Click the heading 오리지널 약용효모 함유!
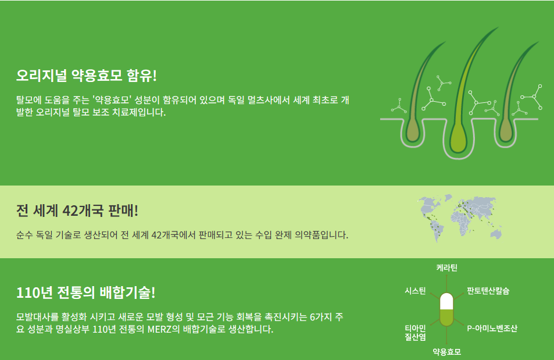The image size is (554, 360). (87, 76)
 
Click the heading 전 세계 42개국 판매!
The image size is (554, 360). (77, 210)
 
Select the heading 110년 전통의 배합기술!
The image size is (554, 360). (86, 292)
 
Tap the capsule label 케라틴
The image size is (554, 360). (446, 268)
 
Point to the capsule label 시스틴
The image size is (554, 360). (415, 291)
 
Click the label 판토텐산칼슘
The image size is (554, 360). (488, 291)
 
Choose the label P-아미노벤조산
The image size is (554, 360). (492, 329)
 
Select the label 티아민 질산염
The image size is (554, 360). (415, 333)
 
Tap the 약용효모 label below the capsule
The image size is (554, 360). (446, 352)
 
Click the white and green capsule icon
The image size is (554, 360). (446, 309)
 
